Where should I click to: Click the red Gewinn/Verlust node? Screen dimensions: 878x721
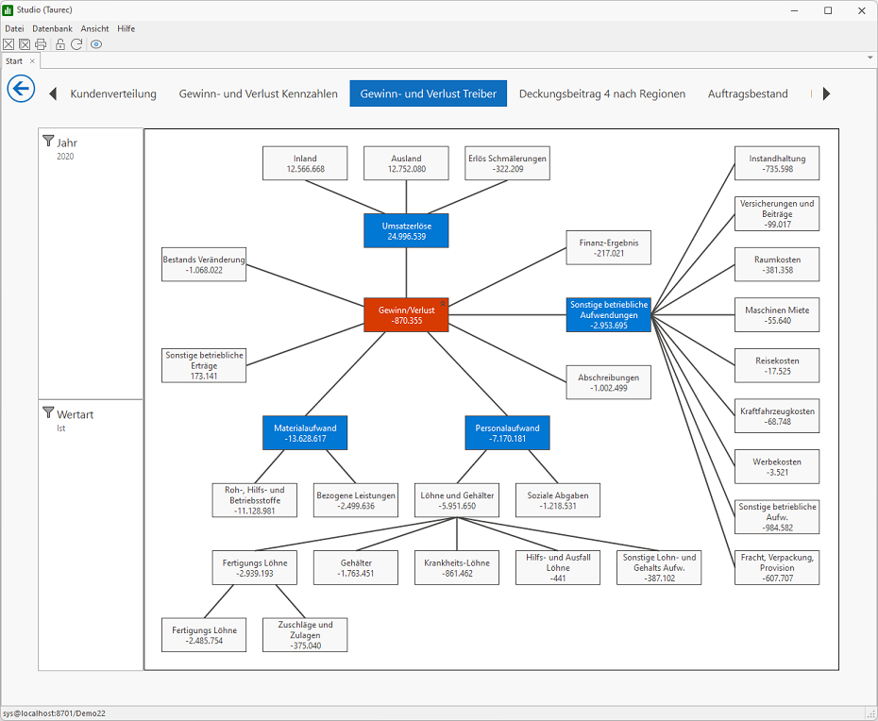[406, 314]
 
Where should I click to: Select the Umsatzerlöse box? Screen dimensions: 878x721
[406, 230]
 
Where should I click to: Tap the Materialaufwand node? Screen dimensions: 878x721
[305, 433]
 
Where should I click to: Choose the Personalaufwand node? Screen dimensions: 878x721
[507, 433]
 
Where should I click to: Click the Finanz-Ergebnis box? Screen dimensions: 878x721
[609, 247]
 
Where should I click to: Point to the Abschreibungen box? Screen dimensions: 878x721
[609, 382]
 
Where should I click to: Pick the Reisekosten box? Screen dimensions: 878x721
[777, 365]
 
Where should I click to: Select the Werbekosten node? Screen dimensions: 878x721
[777, 466]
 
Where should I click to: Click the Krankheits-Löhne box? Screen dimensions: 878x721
[457, 567]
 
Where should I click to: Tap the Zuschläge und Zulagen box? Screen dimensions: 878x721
[305, 635]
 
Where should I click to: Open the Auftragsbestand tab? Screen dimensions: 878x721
[748, 93]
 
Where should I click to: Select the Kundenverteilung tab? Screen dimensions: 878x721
[113, 93]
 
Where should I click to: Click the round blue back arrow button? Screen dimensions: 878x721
[22, 89]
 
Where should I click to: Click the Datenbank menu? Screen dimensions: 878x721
[53, 28]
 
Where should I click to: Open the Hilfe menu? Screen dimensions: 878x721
[126, 28]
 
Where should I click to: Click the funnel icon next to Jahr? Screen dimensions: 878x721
[49, 141]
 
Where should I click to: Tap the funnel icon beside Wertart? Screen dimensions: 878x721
[49, 412]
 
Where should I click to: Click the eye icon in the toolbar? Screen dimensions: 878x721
[96, 44]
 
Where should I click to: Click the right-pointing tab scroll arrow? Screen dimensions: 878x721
[826, 93]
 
